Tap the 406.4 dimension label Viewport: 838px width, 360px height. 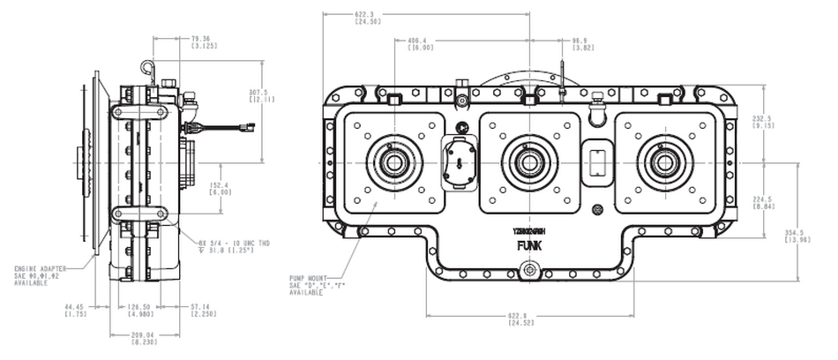tap(420, 45)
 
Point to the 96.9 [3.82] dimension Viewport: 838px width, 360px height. tap(580, 45)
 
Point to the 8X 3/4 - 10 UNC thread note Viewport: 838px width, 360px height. tap(224, 246)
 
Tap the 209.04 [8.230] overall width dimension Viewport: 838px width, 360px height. tap(145, 339)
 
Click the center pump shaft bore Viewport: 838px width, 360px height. tap(528, 162)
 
